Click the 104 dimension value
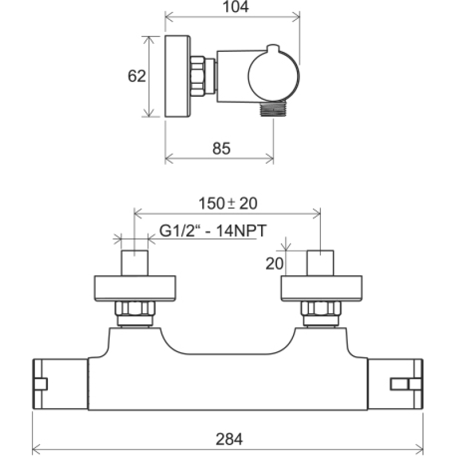tap(235, 6)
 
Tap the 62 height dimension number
tap(137, 76)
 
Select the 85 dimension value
tap(221, 148)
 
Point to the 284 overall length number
tap(229, 439)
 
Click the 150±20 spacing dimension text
tap(227, 203)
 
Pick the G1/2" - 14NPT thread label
tap(213, 231)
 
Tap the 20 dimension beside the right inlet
tap(274, 264)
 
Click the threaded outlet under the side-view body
tap(274, 109)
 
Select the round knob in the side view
tap(274, 76)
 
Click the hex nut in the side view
tap(198, 76)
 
